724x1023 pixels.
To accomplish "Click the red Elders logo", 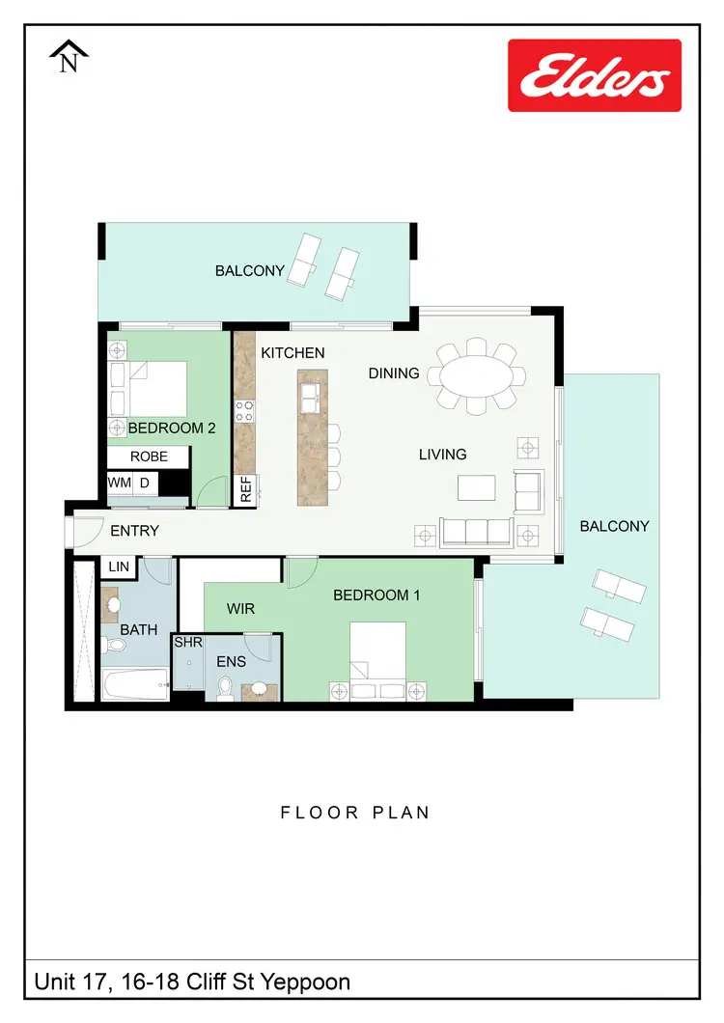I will pyautogui.click(x=595, y=75).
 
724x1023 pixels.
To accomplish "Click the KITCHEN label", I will pyautogui.click(x=292, y=353).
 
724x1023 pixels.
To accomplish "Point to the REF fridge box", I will pyautogui.click(x=245, y=490).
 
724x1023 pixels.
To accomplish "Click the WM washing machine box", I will pyautogui.click(x=119, y=483).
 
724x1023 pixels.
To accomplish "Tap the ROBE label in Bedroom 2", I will pyautogui.click(x=149, y=456).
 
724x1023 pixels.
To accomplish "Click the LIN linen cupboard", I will pyautogui.click(x=119, y=567).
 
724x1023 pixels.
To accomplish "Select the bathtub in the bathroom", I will pyautogui.click(x=135, y=686).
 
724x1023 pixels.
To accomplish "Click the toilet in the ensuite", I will pyautogui.click(x=226, y=687).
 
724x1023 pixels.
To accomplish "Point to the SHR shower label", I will pyautogui.click(x=187, y=643).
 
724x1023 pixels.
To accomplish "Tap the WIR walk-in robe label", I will pyautogui.click(x=240, y=610).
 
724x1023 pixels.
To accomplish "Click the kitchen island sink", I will pyautogui.click(x=312, y=394).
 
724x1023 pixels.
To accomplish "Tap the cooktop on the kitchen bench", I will pyautogui.click(x=246, y=411).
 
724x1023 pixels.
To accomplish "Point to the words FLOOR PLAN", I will pyautogui.click(x=355, y=813).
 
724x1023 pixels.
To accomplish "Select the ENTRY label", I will pyautogui.click(x=135, y=531).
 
